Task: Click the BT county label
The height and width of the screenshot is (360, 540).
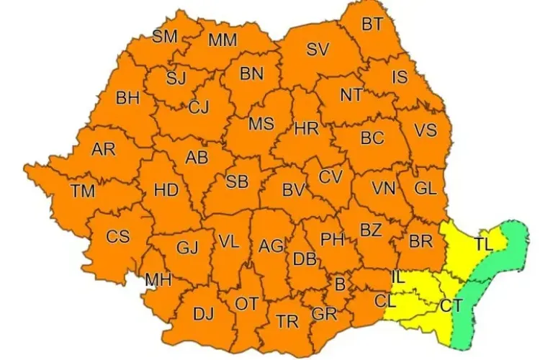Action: click(x=372, y=24)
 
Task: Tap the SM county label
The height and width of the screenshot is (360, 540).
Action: click(x=166, y=36)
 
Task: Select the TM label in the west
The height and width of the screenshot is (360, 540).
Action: click(x=83, y=192)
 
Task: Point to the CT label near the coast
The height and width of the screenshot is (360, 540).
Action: click(x=451, y=306)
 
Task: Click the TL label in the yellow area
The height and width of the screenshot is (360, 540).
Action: click(x=484, y=245)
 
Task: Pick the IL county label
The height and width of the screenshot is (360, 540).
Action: click(x=397, y=276)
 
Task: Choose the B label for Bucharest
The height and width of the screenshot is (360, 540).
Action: click(x=340, y=284)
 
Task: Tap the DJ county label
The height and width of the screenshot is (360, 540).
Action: click(x=204, y=314)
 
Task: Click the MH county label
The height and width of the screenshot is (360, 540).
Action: click(x=158, y=279)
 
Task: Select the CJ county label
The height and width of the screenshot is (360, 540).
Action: click(x=199, y=108)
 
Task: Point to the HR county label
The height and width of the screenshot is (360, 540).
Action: click(x=306, y=129)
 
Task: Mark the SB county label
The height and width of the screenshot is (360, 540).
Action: click(x=237, y=182)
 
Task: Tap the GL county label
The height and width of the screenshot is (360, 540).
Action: click(x=426, y=189)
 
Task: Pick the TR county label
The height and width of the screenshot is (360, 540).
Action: click(x=287, y=322)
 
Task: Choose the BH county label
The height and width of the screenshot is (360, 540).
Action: click(x=127, y=99)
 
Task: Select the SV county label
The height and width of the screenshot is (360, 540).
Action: click(x=318, y=50)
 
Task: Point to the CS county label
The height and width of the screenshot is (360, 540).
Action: click(x=118, y=236)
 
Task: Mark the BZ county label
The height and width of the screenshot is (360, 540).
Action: click(x=371, y=230)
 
